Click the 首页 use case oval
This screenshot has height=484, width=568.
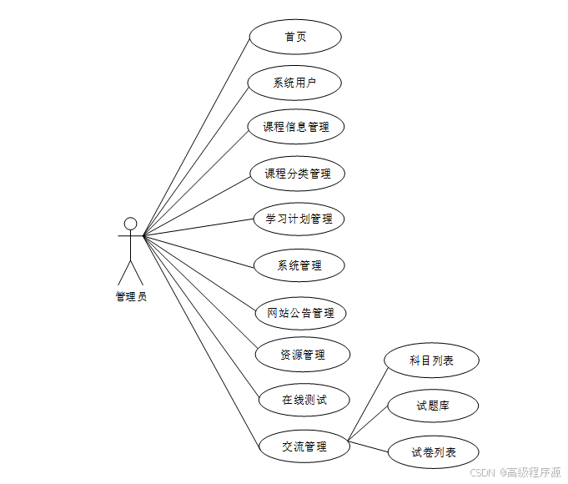pos(295,37)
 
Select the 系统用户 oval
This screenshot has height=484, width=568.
pos(295,83)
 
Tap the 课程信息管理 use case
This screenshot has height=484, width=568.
pos(296,127)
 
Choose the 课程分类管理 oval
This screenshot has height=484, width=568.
pos(298,174)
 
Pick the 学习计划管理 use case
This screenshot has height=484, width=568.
pos(299,219)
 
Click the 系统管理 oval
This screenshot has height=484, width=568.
pos(299,265)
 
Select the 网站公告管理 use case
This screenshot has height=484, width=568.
pos(300,313)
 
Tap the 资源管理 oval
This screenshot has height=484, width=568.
pos(302,355)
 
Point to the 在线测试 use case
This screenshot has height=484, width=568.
pos(304,400)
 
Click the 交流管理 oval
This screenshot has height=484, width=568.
pos(304,446)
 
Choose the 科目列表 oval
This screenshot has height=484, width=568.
pos(431,360)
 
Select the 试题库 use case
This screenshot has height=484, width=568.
pos(432,406)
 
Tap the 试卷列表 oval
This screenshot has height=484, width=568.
pos(434,452)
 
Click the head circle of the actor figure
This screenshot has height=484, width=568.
pos(130,223)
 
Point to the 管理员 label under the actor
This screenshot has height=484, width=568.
pos(131,296)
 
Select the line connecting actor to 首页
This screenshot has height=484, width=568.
pos(197,136)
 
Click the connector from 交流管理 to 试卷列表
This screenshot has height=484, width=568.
pos(368,446)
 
